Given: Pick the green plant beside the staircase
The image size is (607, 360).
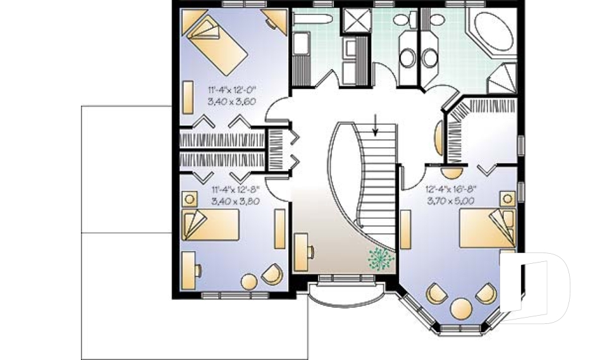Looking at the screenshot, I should coord(379,259).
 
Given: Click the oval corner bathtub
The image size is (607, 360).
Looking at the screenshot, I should coord(495,30).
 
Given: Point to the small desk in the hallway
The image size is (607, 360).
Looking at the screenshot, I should coord(303,251).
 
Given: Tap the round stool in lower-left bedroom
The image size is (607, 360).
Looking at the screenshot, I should coord(250,280).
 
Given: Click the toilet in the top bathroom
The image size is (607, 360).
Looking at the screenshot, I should coord(402,20).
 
